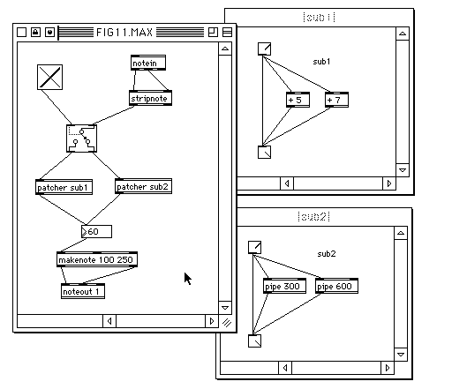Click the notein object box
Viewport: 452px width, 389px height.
tap(148, 63)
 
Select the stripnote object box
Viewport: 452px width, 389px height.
tap(150, 98)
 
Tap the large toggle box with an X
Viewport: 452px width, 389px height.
tap(49, 77)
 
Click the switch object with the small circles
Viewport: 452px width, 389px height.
tap(81, 138)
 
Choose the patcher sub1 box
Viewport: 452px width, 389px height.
tap(64, 187)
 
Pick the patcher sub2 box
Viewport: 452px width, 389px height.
tap(143, 186)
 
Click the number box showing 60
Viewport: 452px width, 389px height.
tap(96, 231)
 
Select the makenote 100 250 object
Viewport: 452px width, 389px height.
tap(97, 259)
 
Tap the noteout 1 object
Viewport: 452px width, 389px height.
tap(83, 291)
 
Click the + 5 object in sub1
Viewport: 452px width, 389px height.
tap(298, 100)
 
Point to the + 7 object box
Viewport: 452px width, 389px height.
tap(336, 100)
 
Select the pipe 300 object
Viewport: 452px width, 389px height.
tap(284, 286)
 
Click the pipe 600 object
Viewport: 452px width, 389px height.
tap(336, 286)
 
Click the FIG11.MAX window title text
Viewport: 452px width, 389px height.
tap(124, 32)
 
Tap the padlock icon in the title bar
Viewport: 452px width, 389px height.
tap(35, 32)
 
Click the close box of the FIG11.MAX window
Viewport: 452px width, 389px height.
tap(21, 32)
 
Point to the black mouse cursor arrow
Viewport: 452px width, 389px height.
tap(188, 279)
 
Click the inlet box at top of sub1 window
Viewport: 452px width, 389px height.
tap(264, 49)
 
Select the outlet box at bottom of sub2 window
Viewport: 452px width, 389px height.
tap(254, 341)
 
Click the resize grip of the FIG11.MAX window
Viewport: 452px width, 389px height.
tap(226, 323)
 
